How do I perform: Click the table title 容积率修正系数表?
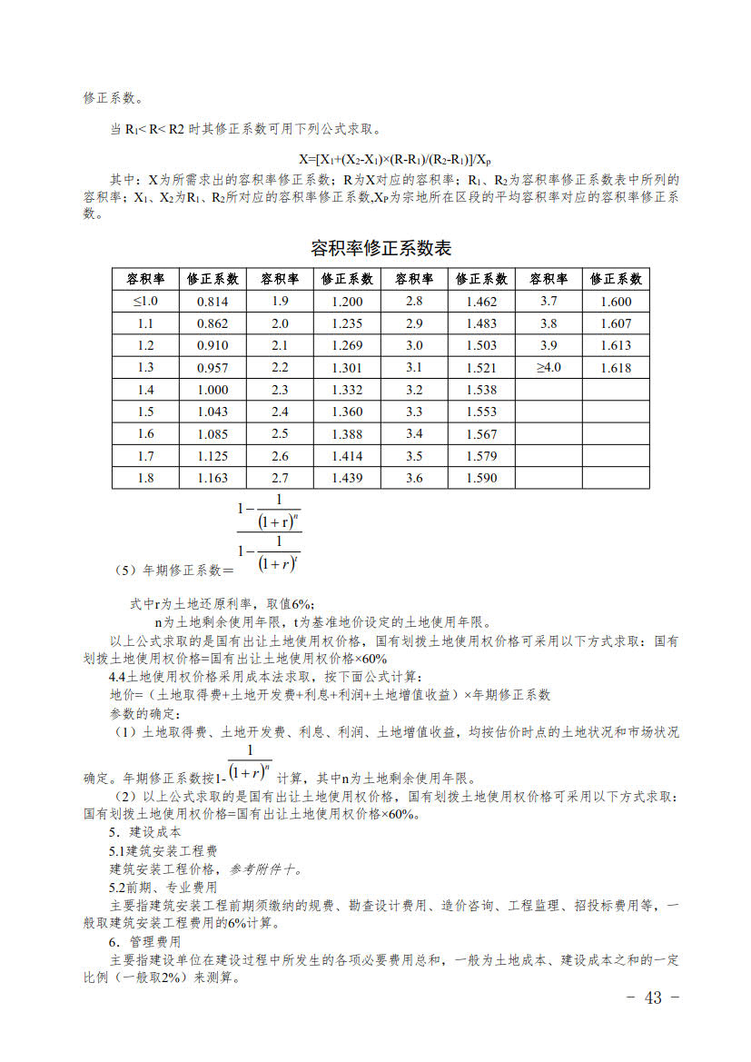(380, 248)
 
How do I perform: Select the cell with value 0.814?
(212, 302)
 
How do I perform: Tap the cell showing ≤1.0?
(145, 302)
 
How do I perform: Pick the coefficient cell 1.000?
(212, 390)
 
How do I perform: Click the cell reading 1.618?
(616, 368)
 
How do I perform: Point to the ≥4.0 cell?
(548, 367)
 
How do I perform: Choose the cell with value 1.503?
(481, 345)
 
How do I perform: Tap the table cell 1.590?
(481, 478)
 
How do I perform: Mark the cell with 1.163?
(212, 478)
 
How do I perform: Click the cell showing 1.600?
(616, 302)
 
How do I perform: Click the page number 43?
(653, 997)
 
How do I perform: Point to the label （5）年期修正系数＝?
(174, 571)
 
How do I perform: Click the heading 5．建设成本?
(144, 832)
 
